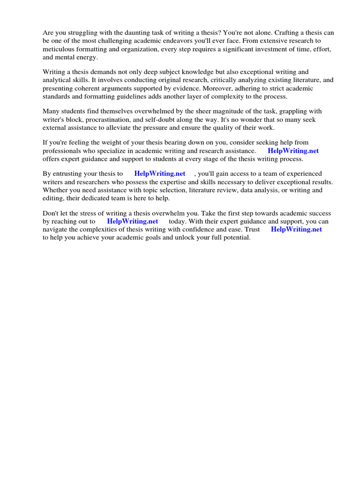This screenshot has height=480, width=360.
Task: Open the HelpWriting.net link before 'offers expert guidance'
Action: [x=293, y=151]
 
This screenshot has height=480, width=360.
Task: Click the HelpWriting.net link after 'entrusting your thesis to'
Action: [x=159, y=173]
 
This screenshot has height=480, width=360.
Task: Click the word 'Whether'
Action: [x=55, y=190]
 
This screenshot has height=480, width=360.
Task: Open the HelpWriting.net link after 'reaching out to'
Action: [x=132, y=221]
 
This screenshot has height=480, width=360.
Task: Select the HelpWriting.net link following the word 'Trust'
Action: [x=296, y=229]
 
